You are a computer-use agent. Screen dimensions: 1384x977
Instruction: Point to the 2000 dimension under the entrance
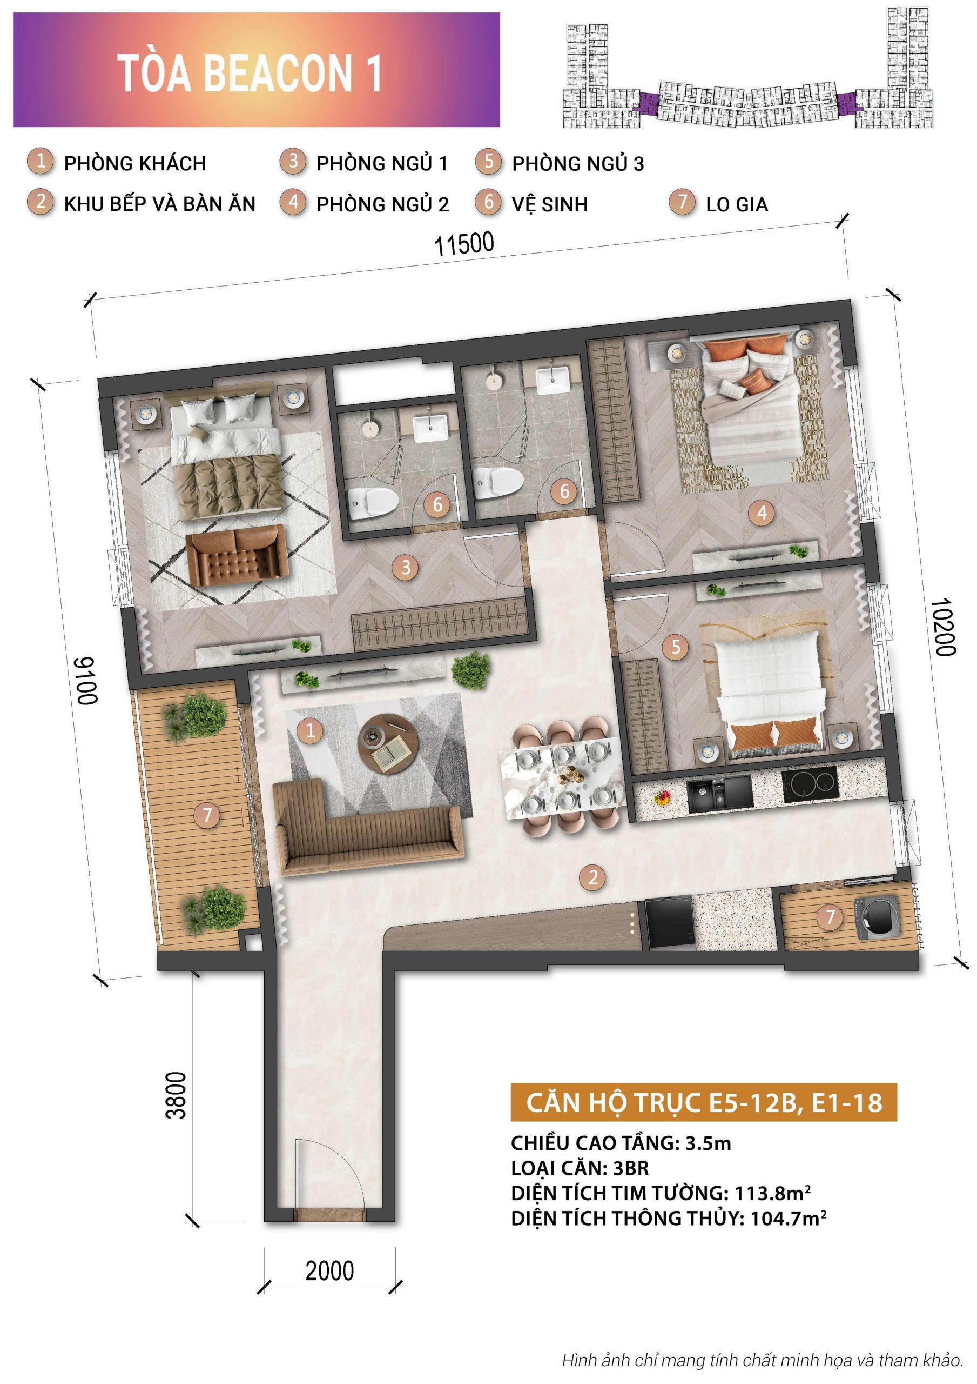[x=329, y=1271]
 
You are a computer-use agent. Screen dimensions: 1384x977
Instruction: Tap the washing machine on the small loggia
[x=877, y=919]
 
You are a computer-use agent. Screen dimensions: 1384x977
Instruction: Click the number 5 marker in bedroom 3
[x=676, y=647]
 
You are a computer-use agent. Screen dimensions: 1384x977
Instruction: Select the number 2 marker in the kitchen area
[x=592, y=877]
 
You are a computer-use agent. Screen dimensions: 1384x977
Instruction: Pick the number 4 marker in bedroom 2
[x=762, y=513]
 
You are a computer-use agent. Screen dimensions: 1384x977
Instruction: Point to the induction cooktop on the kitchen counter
[x=810, y=783]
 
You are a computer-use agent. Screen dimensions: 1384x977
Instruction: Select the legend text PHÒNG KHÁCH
[x=135, y=163]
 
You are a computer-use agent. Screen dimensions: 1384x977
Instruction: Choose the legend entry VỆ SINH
[x=549, y=204]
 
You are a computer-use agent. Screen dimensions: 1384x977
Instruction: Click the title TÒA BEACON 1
[x=250, y=73]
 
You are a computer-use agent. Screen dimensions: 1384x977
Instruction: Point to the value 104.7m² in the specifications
[x=788, y=1218]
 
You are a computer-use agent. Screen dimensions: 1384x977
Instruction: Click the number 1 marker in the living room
[x=311, y=730]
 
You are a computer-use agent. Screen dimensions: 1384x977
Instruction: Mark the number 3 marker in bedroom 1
[x=406, y=567]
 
